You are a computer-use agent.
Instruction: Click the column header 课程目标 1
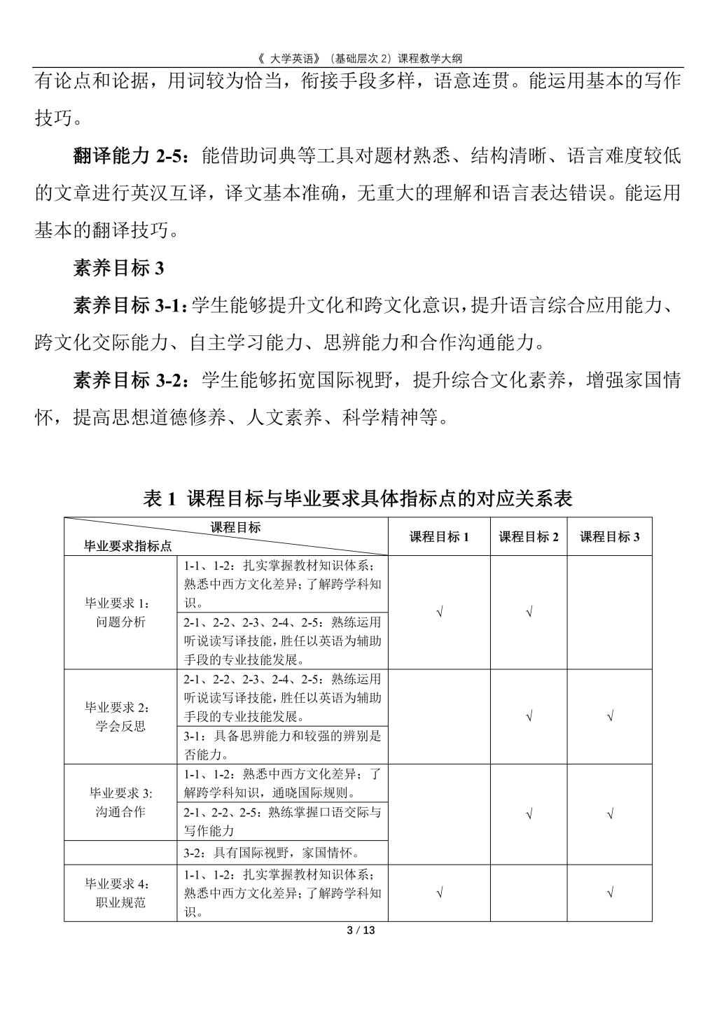439,537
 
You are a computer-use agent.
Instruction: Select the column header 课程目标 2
529,537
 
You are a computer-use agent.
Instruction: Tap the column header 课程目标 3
610,537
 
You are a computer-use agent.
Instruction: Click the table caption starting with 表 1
358,498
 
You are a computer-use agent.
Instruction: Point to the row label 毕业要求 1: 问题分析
120,613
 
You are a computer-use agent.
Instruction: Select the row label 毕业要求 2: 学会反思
120,716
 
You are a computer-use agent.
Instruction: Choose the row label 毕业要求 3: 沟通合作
120,802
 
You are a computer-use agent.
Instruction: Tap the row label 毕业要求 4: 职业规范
120,893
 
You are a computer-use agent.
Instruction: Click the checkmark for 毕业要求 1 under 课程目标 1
439,613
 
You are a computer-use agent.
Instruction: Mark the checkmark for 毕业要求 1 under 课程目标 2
529,613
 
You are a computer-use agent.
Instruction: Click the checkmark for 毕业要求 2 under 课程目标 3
611,716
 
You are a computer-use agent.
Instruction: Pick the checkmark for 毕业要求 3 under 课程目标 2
529,814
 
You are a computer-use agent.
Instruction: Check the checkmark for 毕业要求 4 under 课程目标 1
439,893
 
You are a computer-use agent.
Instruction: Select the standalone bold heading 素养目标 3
118,268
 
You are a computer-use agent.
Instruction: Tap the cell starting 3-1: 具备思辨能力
281,745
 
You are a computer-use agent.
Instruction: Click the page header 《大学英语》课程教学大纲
358,59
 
